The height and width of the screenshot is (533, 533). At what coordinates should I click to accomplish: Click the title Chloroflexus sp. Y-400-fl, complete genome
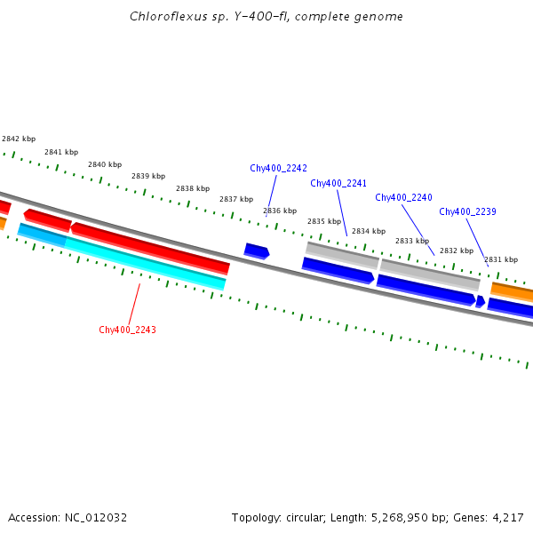click(266, 16)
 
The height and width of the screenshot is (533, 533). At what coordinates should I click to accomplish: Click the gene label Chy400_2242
click(278, 168)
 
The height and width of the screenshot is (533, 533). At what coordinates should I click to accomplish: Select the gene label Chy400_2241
click(338, 183)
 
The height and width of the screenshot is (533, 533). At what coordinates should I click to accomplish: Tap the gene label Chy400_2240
click(403, 197)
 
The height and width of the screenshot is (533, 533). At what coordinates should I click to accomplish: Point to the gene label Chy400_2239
click(467, 211)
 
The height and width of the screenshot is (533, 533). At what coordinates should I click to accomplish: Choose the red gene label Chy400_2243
click(127, 330)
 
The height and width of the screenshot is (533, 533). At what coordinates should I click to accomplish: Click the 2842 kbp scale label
click(19, 139)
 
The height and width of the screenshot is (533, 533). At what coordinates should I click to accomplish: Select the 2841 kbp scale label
click(61, 152)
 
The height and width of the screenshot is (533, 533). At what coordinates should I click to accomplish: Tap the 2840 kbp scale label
click(105, 164)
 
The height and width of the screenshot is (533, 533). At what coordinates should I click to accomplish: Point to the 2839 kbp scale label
click(148, 176)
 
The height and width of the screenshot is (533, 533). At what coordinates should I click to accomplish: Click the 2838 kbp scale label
click(193, 188)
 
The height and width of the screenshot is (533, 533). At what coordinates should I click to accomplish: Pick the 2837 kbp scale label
click(236, 199)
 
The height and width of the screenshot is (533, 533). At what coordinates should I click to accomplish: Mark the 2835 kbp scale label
click(324, 221)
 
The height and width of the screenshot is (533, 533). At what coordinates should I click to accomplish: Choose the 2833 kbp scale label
click(412, 241)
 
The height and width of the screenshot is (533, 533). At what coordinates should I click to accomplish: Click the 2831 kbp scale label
click(501, 259)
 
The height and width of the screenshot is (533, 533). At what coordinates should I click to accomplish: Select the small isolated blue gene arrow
click(257, 251)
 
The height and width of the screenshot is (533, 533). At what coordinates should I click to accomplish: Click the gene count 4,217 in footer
click(505, 517)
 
